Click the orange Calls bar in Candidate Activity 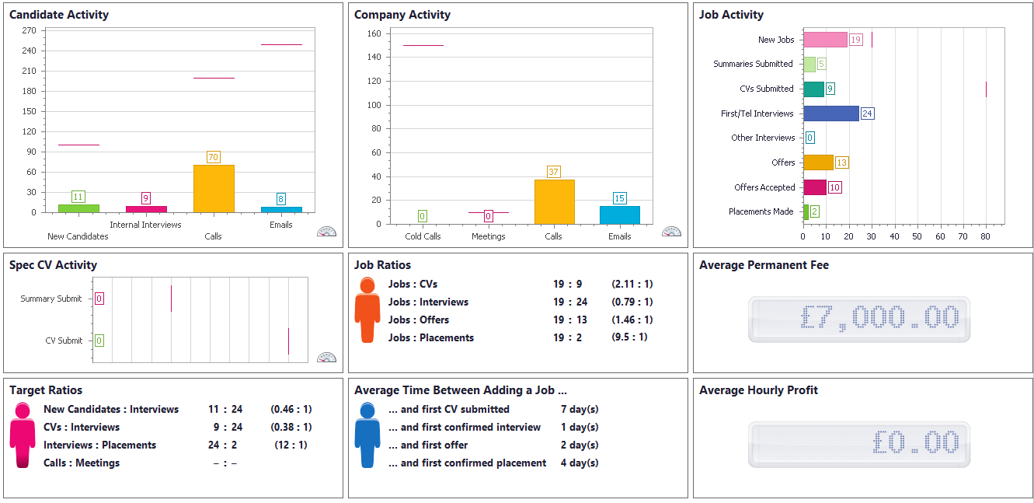[214, 188]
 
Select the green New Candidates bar [78, 208]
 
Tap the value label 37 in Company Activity [554, 172]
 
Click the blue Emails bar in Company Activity [620, 215]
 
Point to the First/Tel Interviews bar [830, 114]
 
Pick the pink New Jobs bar [825, 40]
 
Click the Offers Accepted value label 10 [834, 187]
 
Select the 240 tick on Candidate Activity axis [30, 51]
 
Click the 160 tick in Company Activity [373, 33]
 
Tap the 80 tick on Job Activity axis [986, 236]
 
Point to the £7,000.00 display [859, 319]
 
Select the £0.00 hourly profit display [859, 444]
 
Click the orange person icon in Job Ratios [367, 309]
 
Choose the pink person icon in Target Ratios [23, 435]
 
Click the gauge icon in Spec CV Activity [327, 358]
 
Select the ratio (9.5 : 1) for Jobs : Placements [629, 337]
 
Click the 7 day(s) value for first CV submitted [579, 410]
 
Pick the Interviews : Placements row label [99, 445]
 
